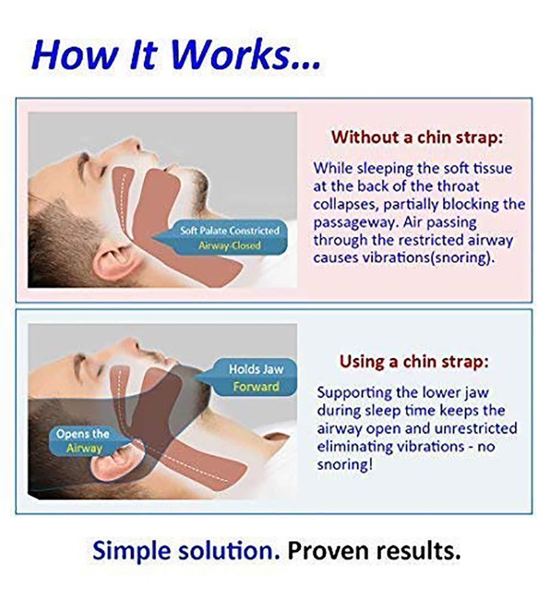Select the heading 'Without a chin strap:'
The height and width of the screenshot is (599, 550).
click(x=417, y=137)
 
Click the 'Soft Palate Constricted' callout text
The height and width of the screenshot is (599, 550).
click(x=230, y=230)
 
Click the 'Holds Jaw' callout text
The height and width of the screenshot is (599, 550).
click(x=255, y=369)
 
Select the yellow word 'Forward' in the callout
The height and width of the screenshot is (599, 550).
click(x=255, y=386)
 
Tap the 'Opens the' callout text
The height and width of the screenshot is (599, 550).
click(x=82, y=434)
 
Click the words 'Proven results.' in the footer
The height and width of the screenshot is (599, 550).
click(x=374, y=550)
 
